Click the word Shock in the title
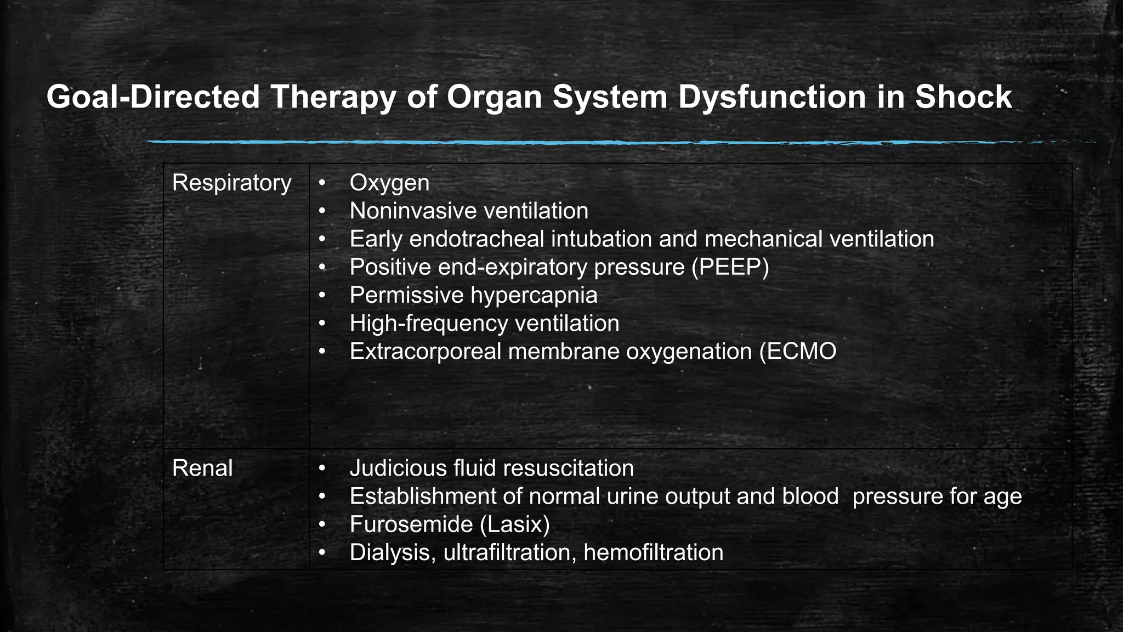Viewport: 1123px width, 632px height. point(963,97)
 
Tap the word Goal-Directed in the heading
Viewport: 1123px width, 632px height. point(152,97)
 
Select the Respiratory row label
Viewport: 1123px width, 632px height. point(231,183)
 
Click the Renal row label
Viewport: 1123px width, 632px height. point(202,468)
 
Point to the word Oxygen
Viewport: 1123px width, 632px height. point(389,183)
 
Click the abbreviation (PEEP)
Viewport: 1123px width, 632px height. point(730,267)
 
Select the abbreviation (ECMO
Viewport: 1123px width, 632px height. point(798,351)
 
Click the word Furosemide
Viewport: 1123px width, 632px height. point(411,524)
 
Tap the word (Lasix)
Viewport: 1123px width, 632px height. point(514,524)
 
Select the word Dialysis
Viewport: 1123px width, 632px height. point(393,552)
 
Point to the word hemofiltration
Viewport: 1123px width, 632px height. point(653,552)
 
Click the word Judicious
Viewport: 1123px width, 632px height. point(398,468)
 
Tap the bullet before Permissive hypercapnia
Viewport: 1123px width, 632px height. point(322,295)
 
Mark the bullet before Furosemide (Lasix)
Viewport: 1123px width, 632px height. point(322,524)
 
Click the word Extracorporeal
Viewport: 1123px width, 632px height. point(425,351)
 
